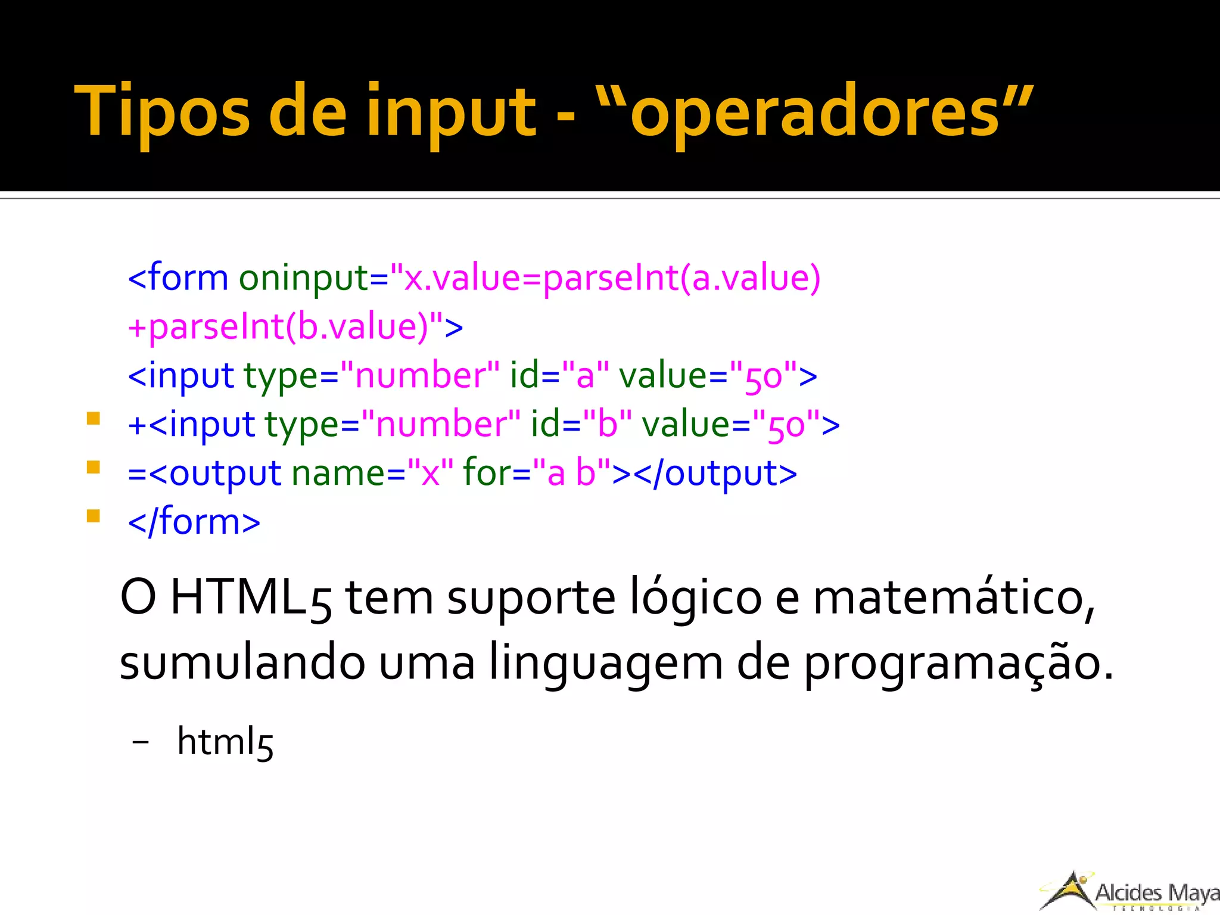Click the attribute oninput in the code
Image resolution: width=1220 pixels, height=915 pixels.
coord(304,278)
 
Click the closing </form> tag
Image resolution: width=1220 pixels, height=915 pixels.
coord(194,522)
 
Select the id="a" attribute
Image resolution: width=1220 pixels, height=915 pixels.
coord(559,376)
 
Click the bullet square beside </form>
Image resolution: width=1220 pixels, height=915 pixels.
coord(93,515)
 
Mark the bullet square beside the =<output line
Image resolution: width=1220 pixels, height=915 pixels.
coord(93,466)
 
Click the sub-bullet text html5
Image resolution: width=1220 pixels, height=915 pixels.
coord(225,742)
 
